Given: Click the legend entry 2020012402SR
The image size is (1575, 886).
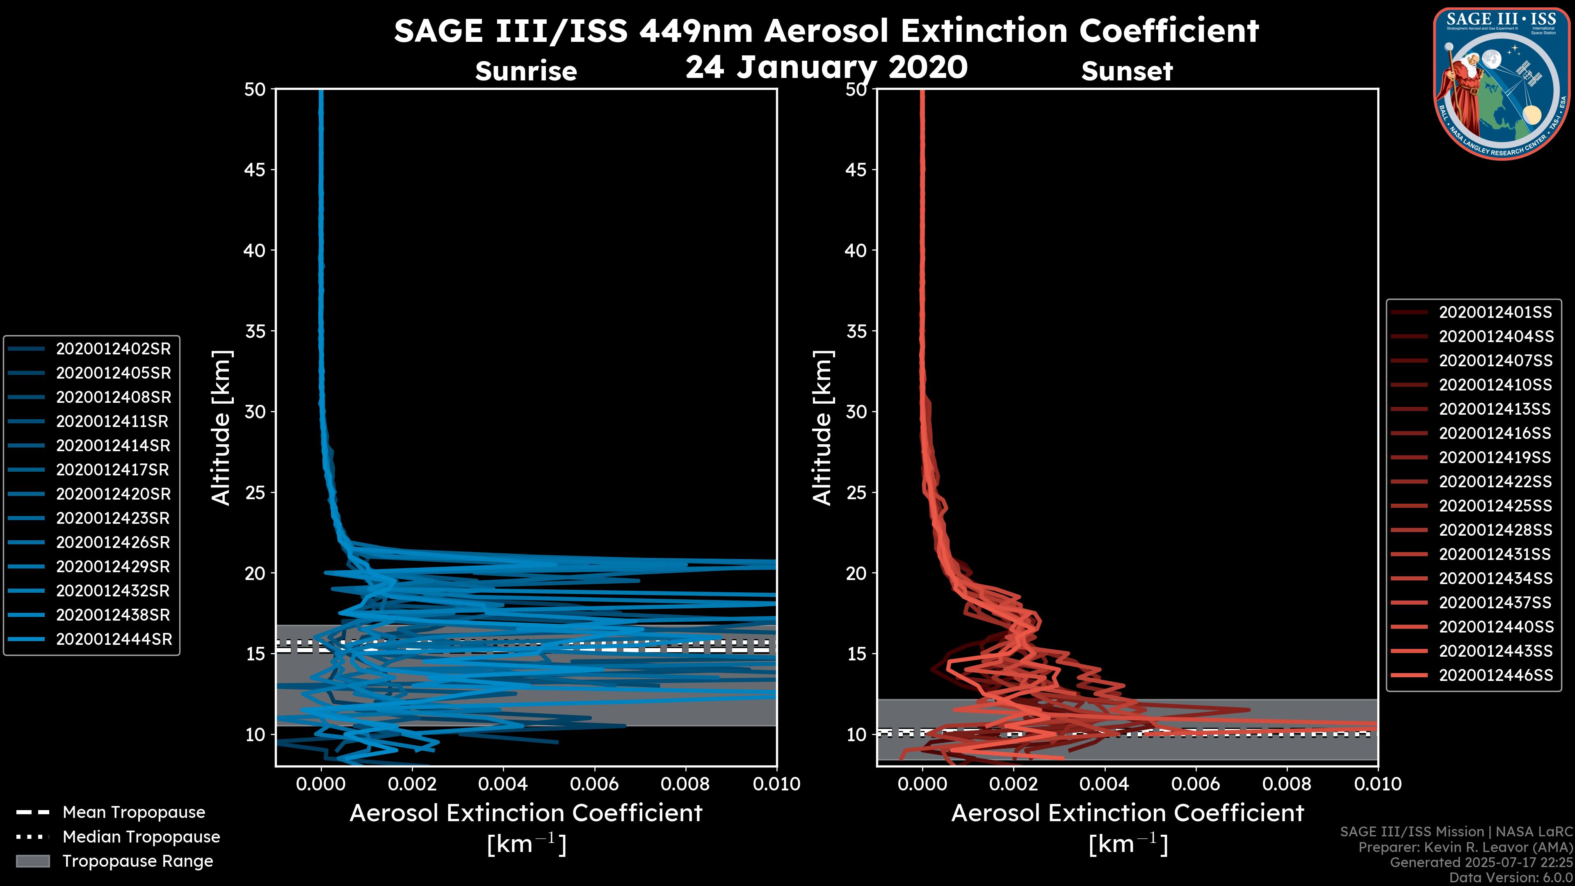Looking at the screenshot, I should [x=113, y=349].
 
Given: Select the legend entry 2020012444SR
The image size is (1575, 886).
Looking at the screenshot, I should [x=114, y=639].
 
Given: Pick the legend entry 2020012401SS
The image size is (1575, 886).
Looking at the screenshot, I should [x=1495, y=313].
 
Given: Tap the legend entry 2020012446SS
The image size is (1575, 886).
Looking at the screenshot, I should [x=1495, y=675].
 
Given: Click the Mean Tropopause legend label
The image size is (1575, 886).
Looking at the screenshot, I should [x=134, y=812].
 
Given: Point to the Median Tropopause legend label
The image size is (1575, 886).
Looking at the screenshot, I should [x=141, y=836].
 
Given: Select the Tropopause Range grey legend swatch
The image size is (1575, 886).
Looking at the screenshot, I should [x=32, y=861].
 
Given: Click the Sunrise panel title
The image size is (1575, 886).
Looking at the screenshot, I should [x=526, y=71].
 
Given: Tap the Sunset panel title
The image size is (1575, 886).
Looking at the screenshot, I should [x=1127, y=71].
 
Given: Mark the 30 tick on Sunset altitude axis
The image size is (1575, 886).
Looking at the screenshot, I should [x=856, y=411].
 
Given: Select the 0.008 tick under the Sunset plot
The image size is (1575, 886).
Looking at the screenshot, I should [x=1287, y=784].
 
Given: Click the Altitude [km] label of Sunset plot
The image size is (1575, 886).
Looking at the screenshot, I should [x=822, y=428].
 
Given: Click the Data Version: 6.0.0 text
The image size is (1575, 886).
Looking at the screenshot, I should [x=1511, y=877].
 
